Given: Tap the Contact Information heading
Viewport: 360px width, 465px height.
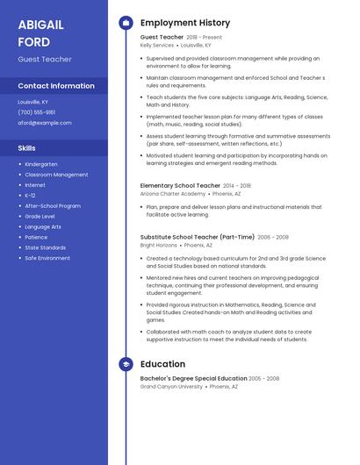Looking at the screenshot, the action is click(56, 86).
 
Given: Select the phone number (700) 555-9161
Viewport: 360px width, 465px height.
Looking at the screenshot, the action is click(37, 112).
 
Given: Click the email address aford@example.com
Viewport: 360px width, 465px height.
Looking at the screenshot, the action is click(45, 123).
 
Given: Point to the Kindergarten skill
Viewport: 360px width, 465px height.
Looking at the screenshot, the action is click(41, 164).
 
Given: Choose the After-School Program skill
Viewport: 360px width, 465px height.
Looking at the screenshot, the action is click(53, 206).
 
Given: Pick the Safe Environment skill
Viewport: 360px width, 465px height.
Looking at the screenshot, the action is click(47, 258).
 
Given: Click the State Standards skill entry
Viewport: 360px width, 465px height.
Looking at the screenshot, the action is click(46, 247).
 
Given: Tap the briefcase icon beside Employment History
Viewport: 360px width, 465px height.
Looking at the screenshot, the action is click(126, 23).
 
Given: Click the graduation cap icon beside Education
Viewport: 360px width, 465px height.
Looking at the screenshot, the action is click(126, 364).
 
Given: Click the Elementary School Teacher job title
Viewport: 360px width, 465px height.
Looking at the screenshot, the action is click(180, 186).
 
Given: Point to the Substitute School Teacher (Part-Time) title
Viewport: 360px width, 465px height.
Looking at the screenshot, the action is click(197, 237).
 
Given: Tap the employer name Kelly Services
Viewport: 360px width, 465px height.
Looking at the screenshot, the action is click(157, 45).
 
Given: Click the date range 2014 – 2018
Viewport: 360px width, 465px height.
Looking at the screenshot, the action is click(237, 186).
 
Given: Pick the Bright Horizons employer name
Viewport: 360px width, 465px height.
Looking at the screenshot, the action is click(158, 245).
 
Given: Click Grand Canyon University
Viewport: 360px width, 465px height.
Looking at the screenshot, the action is click(171, 386).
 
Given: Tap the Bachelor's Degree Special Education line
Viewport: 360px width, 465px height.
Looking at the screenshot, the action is click(193, 378).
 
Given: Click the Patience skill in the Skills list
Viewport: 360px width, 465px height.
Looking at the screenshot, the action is click(36, 237).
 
